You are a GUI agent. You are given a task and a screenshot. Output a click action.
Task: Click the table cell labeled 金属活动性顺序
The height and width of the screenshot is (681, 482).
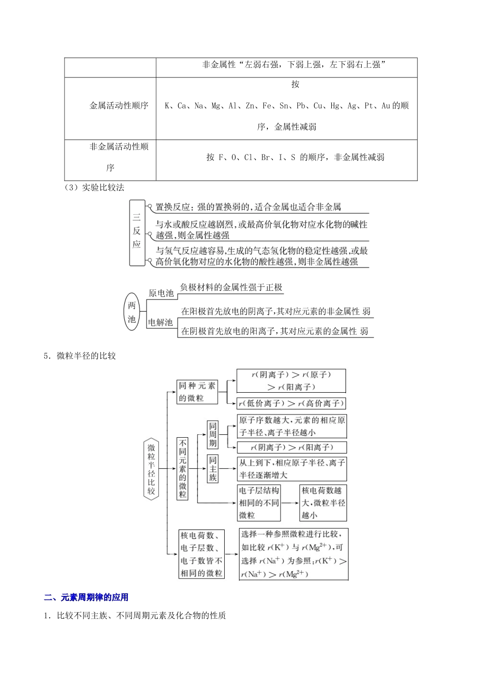point(119,106)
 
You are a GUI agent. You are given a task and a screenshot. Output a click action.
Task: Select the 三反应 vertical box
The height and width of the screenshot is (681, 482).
point(136,232)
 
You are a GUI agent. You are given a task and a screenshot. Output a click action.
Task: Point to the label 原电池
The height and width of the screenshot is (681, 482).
point(161,293)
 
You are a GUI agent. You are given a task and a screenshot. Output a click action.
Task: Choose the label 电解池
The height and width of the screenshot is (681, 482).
point(160,322)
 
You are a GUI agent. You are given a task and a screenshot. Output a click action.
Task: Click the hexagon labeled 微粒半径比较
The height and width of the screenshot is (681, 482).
point(151,469)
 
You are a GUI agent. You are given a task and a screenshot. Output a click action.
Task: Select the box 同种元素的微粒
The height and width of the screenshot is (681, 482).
point(197,392)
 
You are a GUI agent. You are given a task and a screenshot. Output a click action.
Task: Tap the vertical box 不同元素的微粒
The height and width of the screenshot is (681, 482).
point(183,468)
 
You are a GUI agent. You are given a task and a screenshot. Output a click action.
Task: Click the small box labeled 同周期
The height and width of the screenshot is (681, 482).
point(213,435)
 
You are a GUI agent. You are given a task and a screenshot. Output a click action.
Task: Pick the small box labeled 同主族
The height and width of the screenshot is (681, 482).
point(213,469)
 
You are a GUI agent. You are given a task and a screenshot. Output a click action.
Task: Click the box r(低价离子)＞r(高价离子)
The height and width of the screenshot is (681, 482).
point(291,403)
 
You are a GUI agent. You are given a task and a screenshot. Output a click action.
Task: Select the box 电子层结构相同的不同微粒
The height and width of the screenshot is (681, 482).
point(259,503)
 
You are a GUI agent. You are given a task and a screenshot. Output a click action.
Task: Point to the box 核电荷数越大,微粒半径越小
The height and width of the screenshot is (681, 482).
point(323,503)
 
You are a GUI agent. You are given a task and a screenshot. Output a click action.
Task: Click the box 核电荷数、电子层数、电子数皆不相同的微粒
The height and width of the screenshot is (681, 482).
point(201,554)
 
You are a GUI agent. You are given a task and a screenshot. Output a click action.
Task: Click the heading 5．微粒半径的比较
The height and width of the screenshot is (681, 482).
point(80,356)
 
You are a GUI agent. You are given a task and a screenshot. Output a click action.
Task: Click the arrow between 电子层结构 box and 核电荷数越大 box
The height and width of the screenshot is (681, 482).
point(290,503)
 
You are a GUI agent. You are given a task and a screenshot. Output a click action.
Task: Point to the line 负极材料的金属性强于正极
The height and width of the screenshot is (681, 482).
point(231,287)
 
